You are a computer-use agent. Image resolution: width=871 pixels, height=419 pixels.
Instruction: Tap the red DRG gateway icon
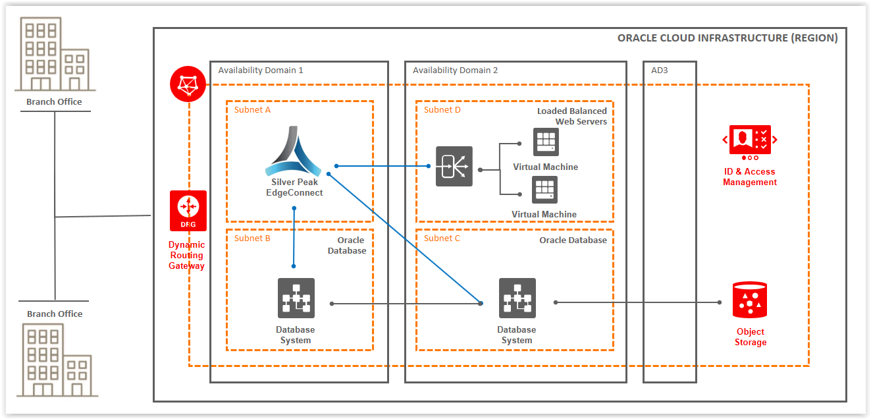[x=188, y=210]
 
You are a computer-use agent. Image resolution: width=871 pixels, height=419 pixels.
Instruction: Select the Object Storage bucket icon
[x=750, y=300]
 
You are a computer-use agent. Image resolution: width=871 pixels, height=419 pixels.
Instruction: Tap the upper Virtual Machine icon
[x=545, y=142]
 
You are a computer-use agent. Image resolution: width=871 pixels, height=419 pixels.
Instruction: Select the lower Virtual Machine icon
[x=544, y=190]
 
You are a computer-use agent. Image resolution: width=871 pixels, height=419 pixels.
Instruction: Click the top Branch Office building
[x=55, y=54]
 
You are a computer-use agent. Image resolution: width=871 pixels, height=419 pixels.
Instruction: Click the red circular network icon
[x=188, y=84]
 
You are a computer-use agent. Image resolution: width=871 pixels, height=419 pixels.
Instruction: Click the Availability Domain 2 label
[x=455, y=70]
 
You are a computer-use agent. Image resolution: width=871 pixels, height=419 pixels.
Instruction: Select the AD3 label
[x=659, y=70]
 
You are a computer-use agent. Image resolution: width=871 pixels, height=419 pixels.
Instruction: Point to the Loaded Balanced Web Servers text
[x=571, y=116]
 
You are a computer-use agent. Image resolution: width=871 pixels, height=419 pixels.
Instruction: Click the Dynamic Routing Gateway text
[x=187, y=256]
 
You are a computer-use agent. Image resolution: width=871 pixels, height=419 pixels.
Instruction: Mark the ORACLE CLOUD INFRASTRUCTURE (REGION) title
[x=727, y=38]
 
